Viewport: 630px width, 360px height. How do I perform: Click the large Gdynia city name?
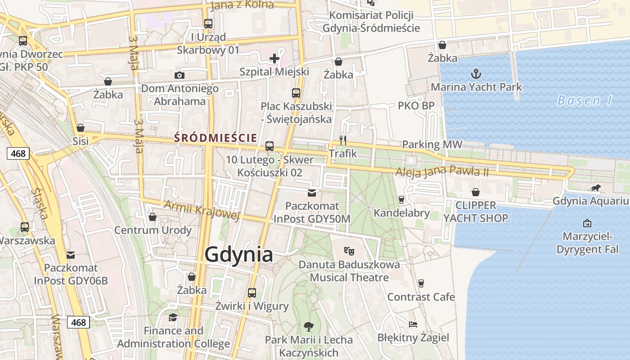pos(238,255)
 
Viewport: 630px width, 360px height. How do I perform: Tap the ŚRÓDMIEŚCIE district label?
pos(216,138)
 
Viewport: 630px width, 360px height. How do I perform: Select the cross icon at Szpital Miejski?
pos(274,58)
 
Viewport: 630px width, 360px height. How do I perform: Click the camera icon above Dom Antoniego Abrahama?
pos(180,75)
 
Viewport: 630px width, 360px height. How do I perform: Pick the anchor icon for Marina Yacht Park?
pos(476,73)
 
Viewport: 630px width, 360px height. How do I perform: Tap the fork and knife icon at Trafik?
pos(343,140)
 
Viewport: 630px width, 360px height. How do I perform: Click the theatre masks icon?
pos(349,251)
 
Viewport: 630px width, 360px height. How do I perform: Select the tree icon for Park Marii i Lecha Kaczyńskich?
pos(308,326)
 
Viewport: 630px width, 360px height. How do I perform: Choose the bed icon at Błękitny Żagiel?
pos(413,324)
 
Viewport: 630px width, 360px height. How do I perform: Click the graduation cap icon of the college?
pos(173,318)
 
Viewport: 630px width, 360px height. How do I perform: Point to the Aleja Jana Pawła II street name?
pos(442,171)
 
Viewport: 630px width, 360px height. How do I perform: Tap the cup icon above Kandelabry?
pos(401,199)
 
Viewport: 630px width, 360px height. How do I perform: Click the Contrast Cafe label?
pos(421,297)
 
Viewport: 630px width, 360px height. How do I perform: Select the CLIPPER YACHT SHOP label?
pos(476,212)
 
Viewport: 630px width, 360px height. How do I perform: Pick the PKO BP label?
pos(416,106)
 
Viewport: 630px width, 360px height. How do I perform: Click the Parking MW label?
pos(432,144)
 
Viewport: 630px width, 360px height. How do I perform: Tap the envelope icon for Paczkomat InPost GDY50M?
pos(312,193)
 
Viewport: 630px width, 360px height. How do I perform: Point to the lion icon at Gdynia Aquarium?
pos(596,188)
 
